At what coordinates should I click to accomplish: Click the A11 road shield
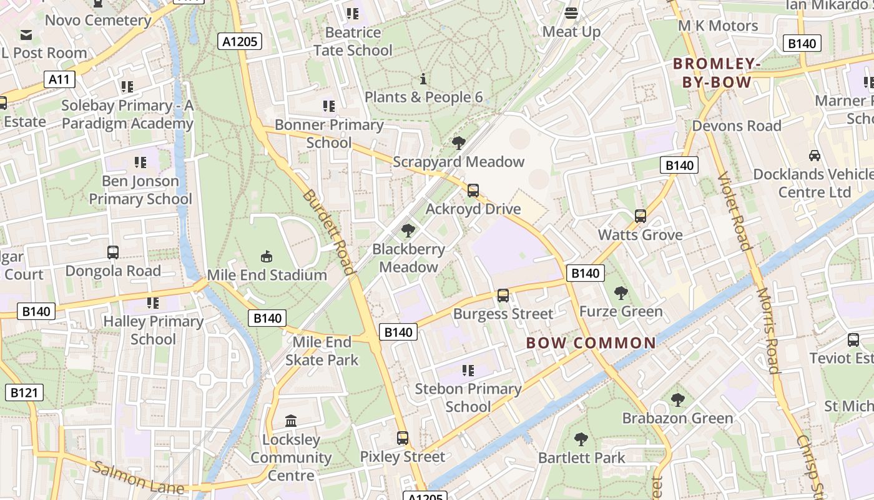pyautogui.click(x=60, y=79)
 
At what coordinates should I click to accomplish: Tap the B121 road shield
pyautogui.click(x=24, y=392)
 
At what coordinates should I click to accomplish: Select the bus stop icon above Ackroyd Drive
pyautogui.click(x=473, y=191)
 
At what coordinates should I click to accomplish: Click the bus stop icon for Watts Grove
pyautogui.click(x=640, y=216)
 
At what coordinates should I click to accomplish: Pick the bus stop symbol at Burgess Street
pyautogui.click(x=503, y=296)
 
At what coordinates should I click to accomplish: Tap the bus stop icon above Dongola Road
pyautogui.click(x=113, y=252)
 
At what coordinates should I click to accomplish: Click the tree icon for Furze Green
pyautogui.click(x=621, y=292)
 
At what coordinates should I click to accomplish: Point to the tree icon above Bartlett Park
pyautogui.click(x=581, y=439)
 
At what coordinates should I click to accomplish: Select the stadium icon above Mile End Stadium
pyautogui.click(x=267, y=256)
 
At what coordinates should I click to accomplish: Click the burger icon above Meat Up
pyautogui.click(x=571, y=13)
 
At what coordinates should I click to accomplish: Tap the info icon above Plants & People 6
pyautogui.click(x=423, y=79)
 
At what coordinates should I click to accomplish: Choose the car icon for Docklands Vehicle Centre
pyautogui.click(x=814, y=156)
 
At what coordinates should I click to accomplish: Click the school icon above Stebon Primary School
pyautogui.click(x=468, y=371)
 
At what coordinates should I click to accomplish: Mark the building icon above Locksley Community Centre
pyautogui.click(x=290, y=421)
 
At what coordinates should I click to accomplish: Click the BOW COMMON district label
pyautogui.click(x=591, y=342)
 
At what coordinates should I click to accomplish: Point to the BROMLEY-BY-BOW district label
pyautogui.click(x=716, y=72)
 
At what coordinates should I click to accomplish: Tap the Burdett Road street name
pyautogui.click(x=329, y=231)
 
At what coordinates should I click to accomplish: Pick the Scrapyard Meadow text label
pyautogui.click(x=458, y=162)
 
